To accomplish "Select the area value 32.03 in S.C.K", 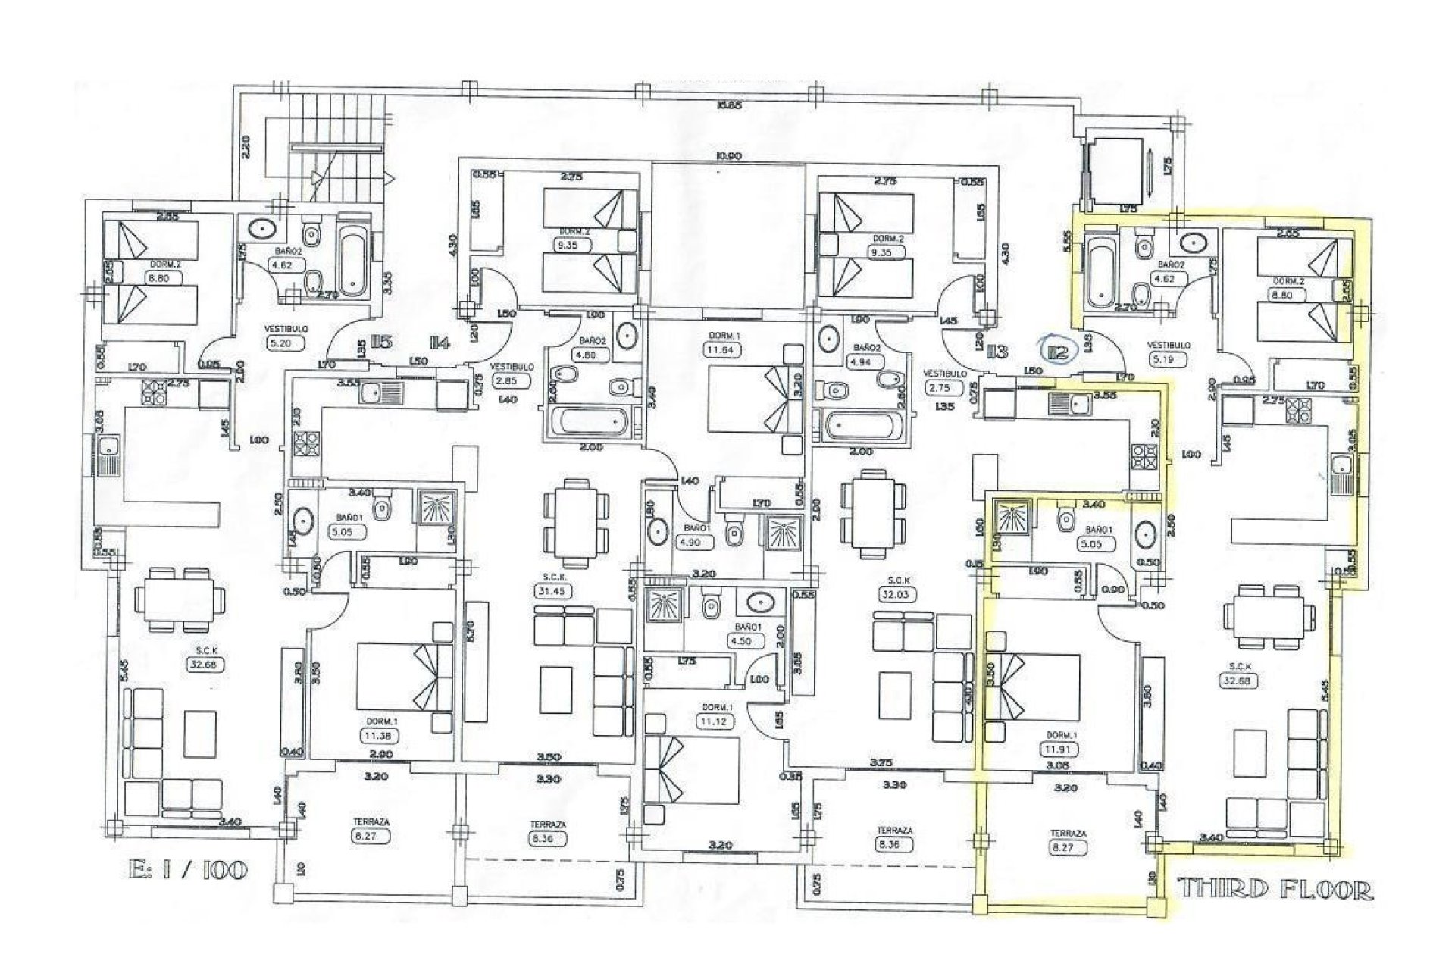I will (x=901, y=596).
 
